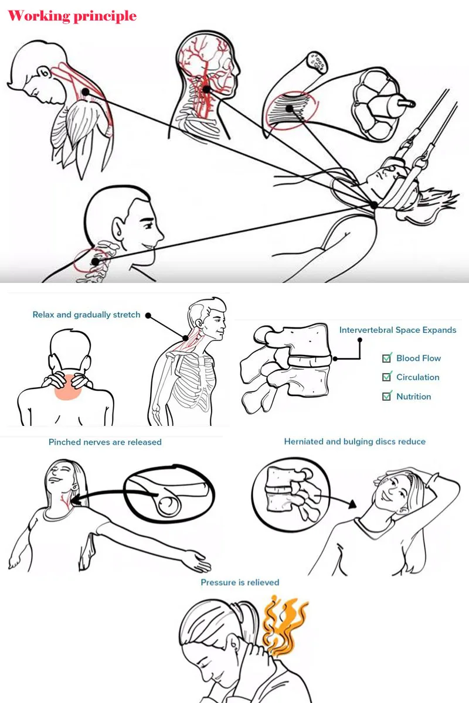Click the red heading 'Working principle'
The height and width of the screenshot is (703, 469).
click(x=72, y=16)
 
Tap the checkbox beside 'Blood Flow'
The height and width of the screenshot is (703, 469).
click(x=387, y=358)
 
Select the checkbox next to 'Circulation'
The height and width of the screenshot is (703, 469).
click(x=387, y=377)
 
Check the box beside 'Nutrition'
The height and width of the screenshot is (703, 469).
click(x=387, y=397)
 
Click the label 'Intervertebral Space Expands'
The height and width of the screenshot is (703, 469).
click(x=397, y=330)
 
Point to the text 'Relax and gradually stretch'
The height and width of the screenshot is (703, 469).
click(x=86, y=315)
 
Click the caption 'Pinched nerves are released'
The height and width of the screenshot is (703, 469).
click(x=105, y=442)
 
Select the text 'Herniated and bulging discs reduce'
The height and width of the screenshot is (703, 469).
click(x=355, y=442)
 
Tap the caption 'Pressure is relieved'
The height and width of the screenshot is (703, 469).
click(x=240, y=582)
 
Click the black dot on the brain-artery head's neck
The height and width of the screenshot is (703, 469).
click(x=206, y=90)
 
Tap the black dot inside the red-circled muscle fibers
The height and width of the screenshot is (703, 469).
click(x=290, y=108)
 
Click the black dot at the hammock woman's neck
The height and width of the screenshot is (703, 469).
click(x=374, y=205)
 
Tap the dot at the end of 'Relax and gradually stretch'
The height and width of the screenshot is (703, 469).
click(x=148, y=315)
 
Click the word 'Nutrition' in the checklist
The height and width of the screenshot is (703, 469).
click(x=414, y=397)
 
